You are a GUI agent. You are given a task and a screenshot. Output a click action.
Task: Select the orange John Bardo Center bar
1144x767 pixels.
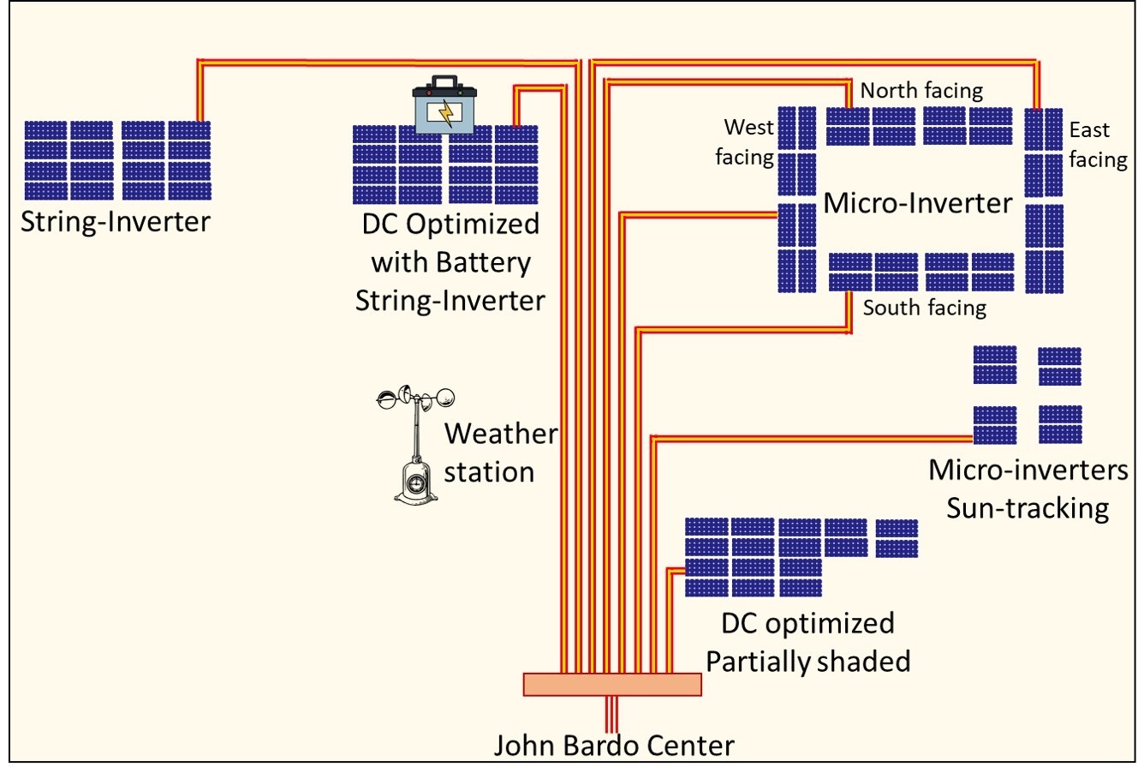[611, 684]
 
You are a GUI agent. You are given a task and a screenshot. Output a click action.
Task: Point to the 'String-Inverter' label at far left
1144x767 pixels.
[117, 223]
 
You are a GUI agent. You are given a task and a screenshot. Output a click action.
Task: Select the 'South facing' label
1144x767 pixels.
[924, 308]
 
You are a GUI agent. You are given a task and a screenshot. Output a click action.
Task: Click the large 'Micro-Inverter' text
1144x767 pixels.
[917, 204]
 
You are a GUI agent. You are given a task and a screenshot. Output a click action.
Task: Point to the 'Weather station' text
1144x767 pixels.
[499, 452]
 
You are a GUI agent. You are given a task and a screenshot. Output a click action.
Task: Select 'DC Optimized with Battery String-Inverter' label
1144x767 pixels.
[450, 263]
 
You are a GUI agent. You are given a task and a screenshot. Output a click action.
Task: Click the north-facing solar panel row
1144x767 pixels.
[920, 126]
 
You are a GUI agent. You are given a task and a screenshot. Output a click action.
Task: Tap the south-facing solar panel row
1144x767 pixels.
[921, 273]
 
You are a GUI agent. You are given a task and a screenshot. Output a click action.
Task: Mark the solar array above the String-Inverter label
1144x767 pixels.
[117, 160]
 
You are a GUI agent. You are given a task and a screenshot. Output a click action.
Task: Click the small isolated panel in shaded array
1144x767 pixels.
[897, 538]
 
